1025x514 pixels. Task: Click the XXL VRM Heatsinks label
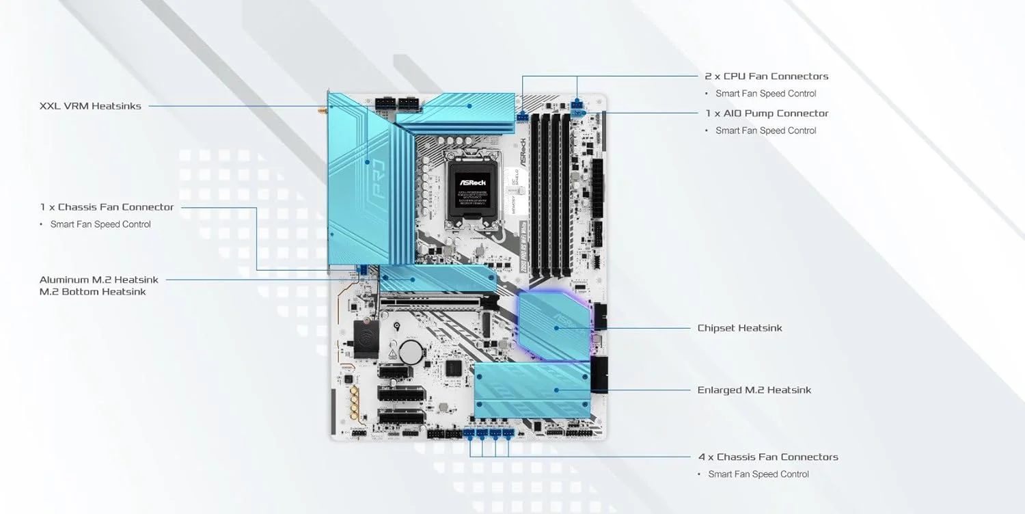tap(90, 106)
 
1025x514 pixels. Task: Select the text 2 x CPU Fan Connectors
tap(766, 76)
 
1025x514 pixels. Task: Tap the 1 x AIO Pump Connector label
tap(767, 113)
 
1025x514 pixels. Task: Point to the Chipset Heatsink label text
tap(739, 328)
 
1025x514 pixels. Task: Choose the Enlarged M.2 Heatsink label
tap(754, 390)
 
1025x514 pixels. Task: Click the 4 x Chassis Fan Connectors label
tap(768, 457)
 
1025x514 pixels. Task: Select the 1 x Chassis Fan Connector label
tap(107, 206)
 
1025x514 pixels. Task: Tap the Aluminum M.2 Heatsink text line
tap(99, 280)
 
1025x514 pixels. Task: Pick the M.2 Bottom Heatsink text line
tap(92, 292)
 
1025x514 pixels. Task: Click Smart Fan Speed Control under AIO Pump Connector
tap(765, 131)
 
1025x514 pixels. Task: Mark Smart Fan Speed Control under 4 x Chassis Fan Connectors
tap(758, 474)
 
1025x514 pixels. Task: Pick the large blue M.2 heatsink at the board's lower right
tap(532, 390)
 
